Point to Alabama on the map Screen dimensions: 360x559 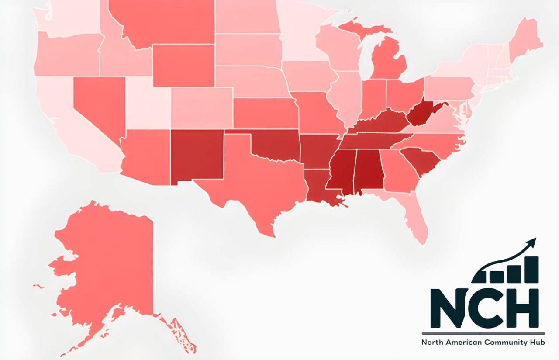[369, 170]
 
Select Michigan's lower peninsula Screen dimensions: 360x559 [389, 61]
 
